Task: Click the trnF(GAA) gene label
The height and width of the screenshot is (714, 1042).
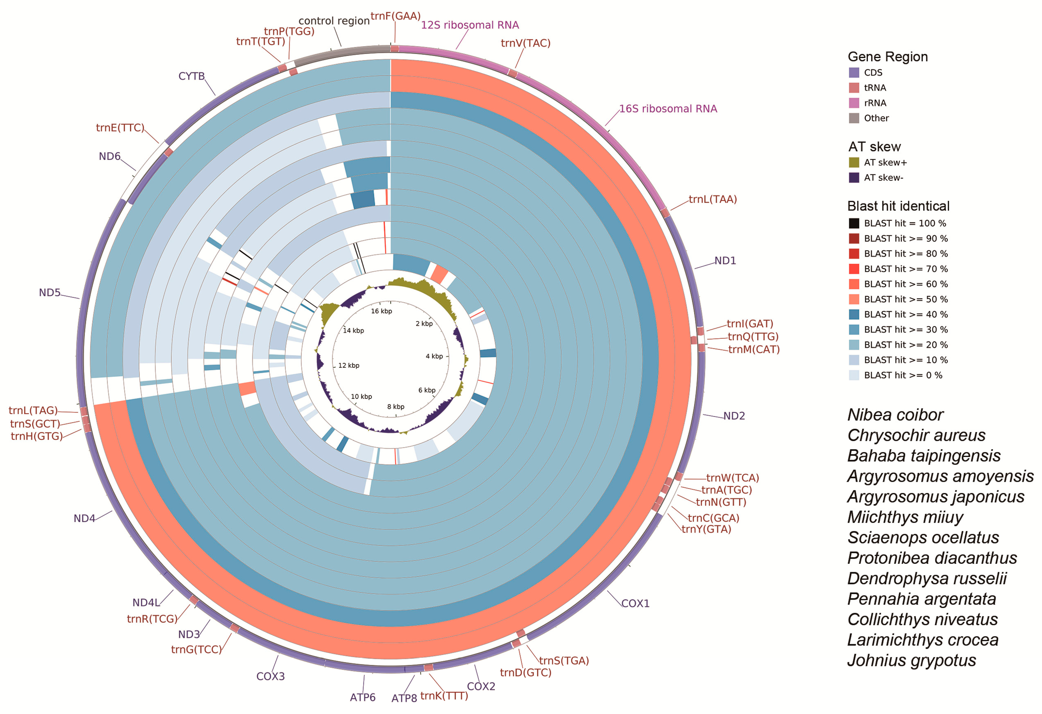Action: click(x=396, y=17)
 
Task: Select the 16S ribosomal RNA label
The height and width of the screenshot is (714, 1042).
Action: click(x=668, y=109)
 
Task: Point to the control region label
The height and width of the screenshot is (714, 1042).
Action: click(x=334, y=21)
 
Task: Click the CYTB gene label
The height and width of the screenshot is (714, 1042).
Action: click(x=192, y=76)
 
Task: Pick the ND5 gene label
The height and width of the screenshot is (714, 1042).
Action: click(x=49, y=293)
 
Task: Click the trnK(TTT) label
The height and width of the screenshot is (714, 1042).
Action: click(x=444, y=696)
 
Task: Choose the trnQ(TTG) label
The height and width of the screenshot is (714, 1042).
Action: click(x=753, y=337)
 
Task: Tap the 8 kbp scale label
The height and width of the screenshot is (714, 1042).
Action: click(x=396, y=407)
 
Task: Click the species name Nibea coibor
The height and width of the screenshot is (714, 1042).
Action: click(x=895, y=415)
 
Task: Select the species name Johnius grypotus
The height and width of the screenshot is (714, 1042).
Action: click(x=911, y=661)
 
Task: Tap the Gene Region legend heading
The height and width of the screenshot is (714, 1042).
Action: click(x=887, y=57)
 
